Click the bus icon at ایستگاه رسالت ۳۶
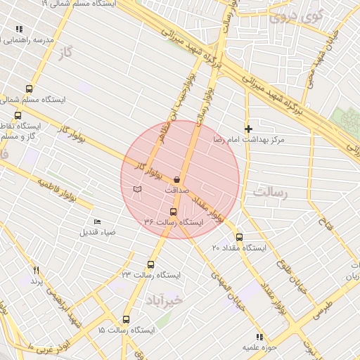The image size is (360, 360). pos(174,212)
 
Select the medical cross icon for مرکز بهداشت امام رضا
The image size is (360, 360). pos(248,129)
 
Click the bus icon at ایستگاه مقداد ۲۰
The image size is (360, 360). pos(239,237)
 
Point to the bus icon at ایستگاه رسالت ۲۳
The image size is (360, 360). pos(150,264)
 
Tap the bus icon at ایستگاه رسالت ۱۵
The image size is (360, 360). pos(127,319)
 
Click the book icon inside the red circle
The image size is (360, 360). pos(137,189)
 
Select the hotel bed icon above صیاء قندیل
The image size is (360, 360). pos(97,222)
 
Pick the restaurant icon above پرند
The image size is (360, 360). pos(36,270)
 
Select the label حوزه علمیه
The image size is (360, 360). pos(261,347)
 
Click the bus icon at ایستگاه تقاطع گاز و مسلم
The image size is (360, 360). pos(18,115)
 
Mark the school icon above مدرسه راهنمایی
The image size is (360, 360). pos(18,30)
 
